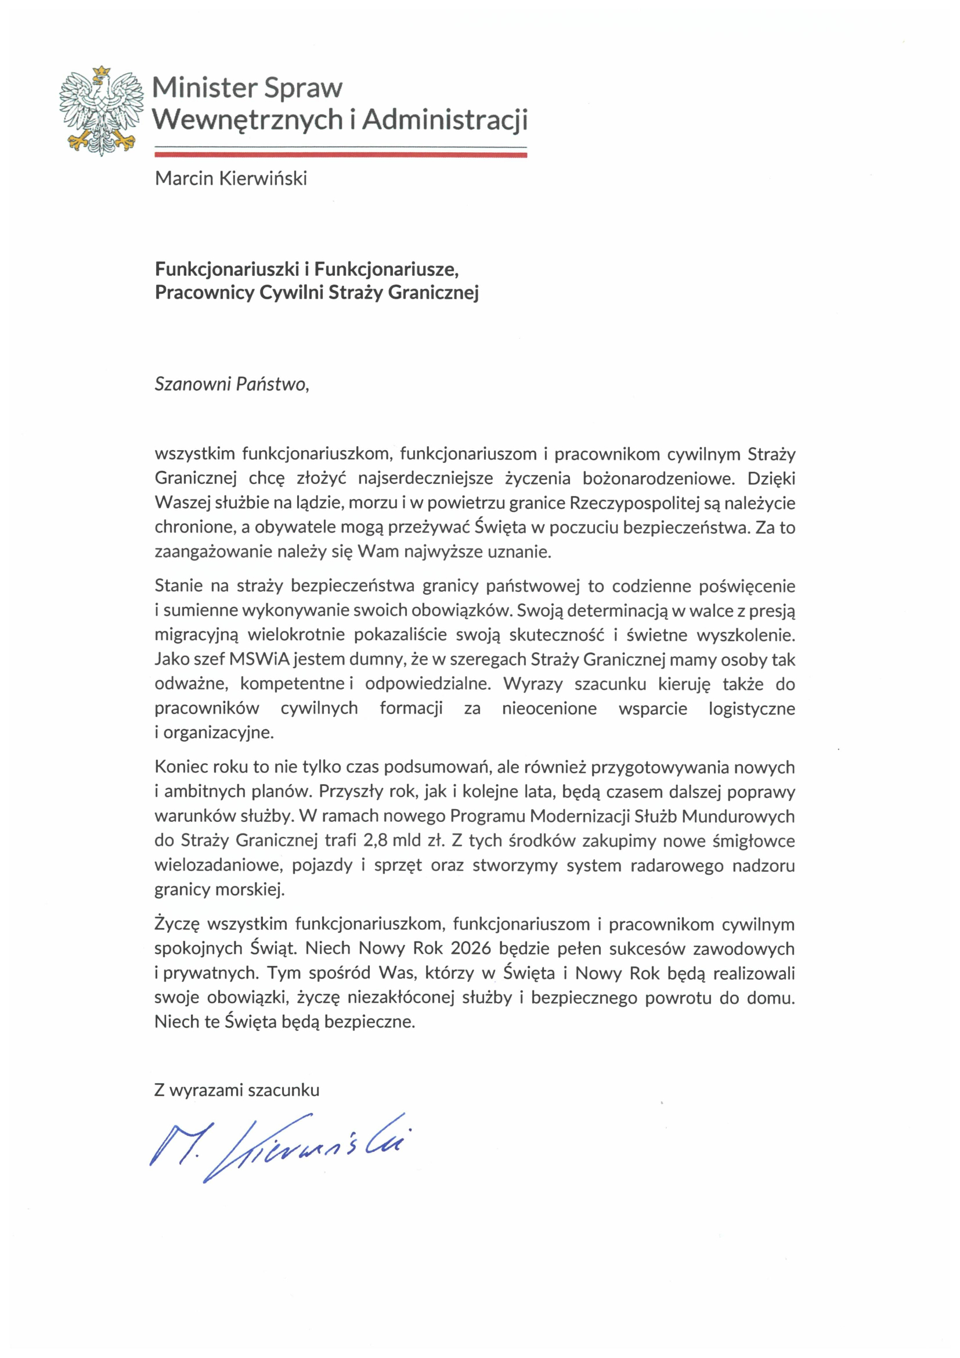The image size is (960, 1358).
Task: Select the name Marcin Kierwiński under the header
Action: click(230, 179)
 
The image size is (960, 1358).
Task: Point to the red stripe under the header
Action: click(340, 155)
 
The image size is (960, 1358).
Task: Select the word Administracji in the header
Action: click(444, 120)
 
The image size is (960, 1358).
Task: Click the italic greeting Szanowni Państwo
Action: click(231, 385)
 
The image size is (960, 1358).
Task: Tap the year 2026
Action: click(471, 948)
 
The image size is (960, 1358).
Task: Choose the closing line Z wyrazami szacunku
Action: click(236, 1090)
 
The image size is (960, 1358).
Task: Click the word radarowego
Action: click(677, 865)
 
